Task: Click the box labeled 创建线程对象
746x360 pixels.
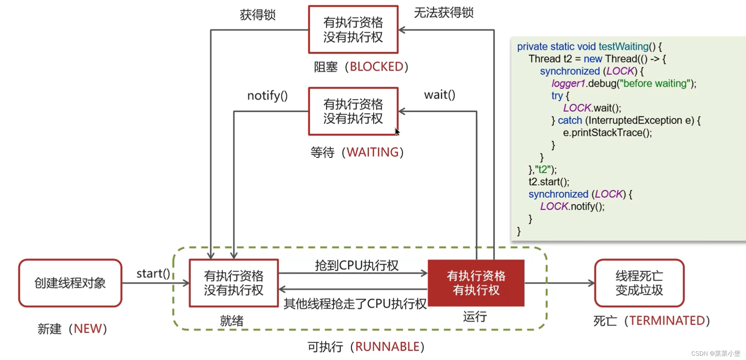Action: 70,283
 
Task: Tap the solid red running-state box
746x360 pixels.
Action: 476,283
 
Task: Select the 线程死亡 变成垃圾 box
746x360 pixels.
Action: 639,283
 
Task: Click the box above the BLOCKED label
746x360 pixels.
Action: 353,29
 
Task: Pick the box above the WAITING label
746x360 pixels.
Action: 353,111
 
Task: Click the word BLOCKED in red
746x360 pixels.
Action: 376,67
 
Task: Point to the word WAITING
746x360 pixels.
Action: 372,152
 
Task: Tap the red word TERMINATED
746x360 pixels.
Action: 667,320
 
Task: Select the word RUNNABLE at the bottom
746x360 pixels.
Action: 387,347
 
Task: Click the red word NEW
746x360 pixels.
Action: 88,329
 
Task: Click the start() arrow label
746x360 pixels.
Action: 153,274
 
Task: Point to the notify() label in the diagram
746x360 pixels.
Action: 267,96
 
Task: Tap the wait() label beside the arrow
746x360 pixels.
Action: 439,95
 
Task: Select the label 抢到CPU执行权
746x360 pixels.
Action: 356,266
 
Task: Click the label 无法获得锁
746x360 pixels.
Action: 444,13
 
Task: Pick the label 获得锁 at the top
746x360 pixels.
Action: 258,15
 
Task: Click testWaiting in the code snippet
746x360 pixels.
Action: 623,47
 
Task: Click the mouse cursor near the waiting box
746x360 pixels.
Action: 397,131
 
